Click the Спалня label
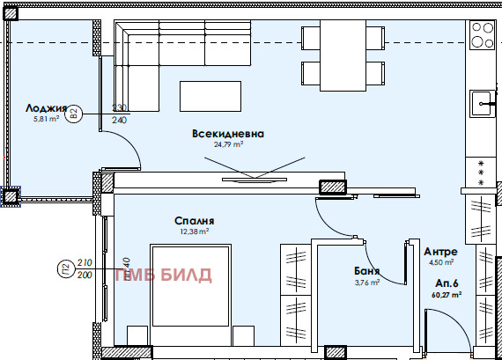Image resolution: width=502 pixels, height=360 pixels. click(x=195, y=221)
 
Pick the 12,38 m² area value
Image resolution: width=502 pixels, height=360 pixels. click(x=194, y=231)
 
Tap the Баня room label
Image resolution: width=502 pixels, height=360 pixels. click(x=367, y=272)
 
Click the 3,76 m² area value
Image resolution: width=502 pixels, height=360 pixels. click(x=367, y=283)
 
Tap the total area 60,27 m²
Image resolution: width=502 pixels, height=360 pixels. click(x=446, y=296)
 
